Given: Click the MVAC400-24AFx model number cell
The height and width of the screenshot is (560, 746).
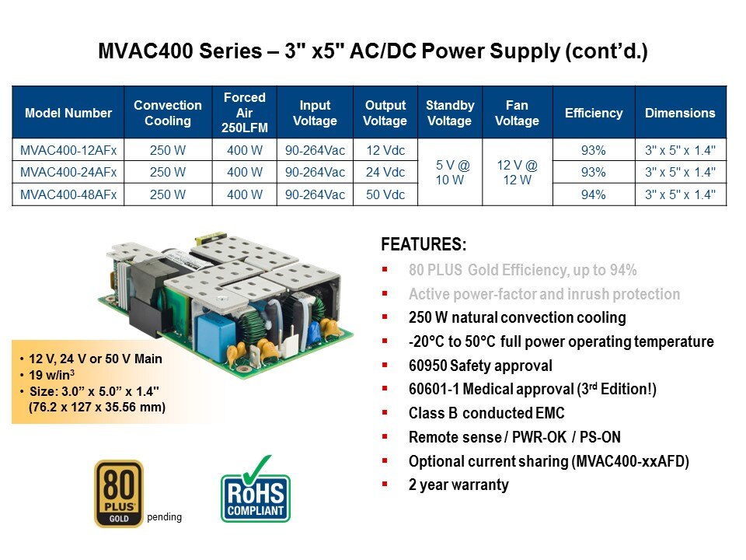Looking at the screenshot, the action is point(68,172).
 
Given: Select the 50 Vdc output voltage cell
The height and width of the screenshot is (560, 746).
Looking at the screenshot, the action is point(385,194).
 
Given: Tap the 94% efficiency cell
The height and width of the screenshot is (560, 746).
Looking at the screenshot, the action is point(593,194).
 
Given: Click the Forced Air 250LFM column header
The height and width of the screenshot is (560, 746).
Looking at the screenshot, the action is point(245,112).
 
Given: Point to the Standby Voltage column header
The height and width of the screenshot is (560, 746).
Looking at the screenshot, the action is point(450,112).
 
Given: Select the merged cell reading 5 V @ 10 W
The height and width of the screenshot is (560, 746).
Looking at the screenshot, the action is point(450,173).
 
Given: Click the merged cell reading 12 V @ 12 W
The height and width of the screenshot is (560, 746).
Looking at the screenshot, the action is point(518,173).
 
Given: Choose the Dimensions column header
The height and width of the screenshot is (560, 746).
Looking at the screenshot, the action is point(681,112).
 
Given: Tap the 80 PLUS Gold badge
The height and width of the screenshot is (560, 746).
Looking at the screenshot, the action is point(119,493).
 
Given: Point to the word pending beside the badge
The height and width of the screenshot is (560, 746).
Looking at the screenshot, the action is point(164,516).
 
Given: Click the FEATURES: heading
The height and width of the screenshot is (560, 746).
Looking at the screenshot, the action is point(424,244).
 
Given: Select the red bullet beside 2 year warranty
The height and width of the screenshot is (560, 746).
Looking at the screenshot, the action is point(385,485).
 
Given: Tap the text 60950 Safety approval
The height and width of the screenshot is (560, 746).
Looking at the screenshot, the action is point(480,366).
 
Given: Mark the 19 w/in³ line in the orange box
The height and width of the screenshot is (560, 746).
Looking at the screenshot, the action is point(51,374).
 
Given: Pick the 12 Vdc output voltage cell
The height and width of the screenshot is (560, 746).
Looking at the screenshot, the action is point(385,150).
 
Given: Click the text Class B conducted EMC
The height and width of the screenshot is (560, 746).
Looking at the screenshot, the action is point(486,413).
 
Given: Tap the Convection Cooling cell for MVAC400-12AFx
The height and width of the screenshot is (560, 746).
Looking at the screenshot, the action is point(168,150).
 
